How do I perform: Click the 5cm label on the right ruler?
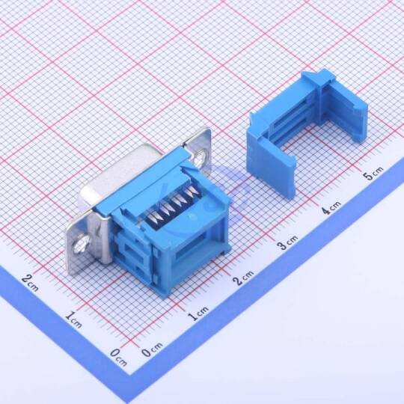click(x=373, y=174)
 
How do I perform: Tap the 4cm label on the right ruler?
click(x=332, y=207)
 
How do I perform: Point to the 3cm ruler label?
click(x=288, y=242)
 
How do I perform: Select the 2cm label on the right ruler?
click(x=245, y=278)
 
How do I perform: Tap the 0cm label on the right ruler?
click(x=153, y=349)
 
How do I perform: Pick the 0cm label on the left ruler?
click(x=119, y=358)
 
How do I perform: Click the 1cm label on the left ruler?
click(x=73, y=319)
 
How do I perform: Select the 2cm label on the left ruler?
click(x=31, y=282)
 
